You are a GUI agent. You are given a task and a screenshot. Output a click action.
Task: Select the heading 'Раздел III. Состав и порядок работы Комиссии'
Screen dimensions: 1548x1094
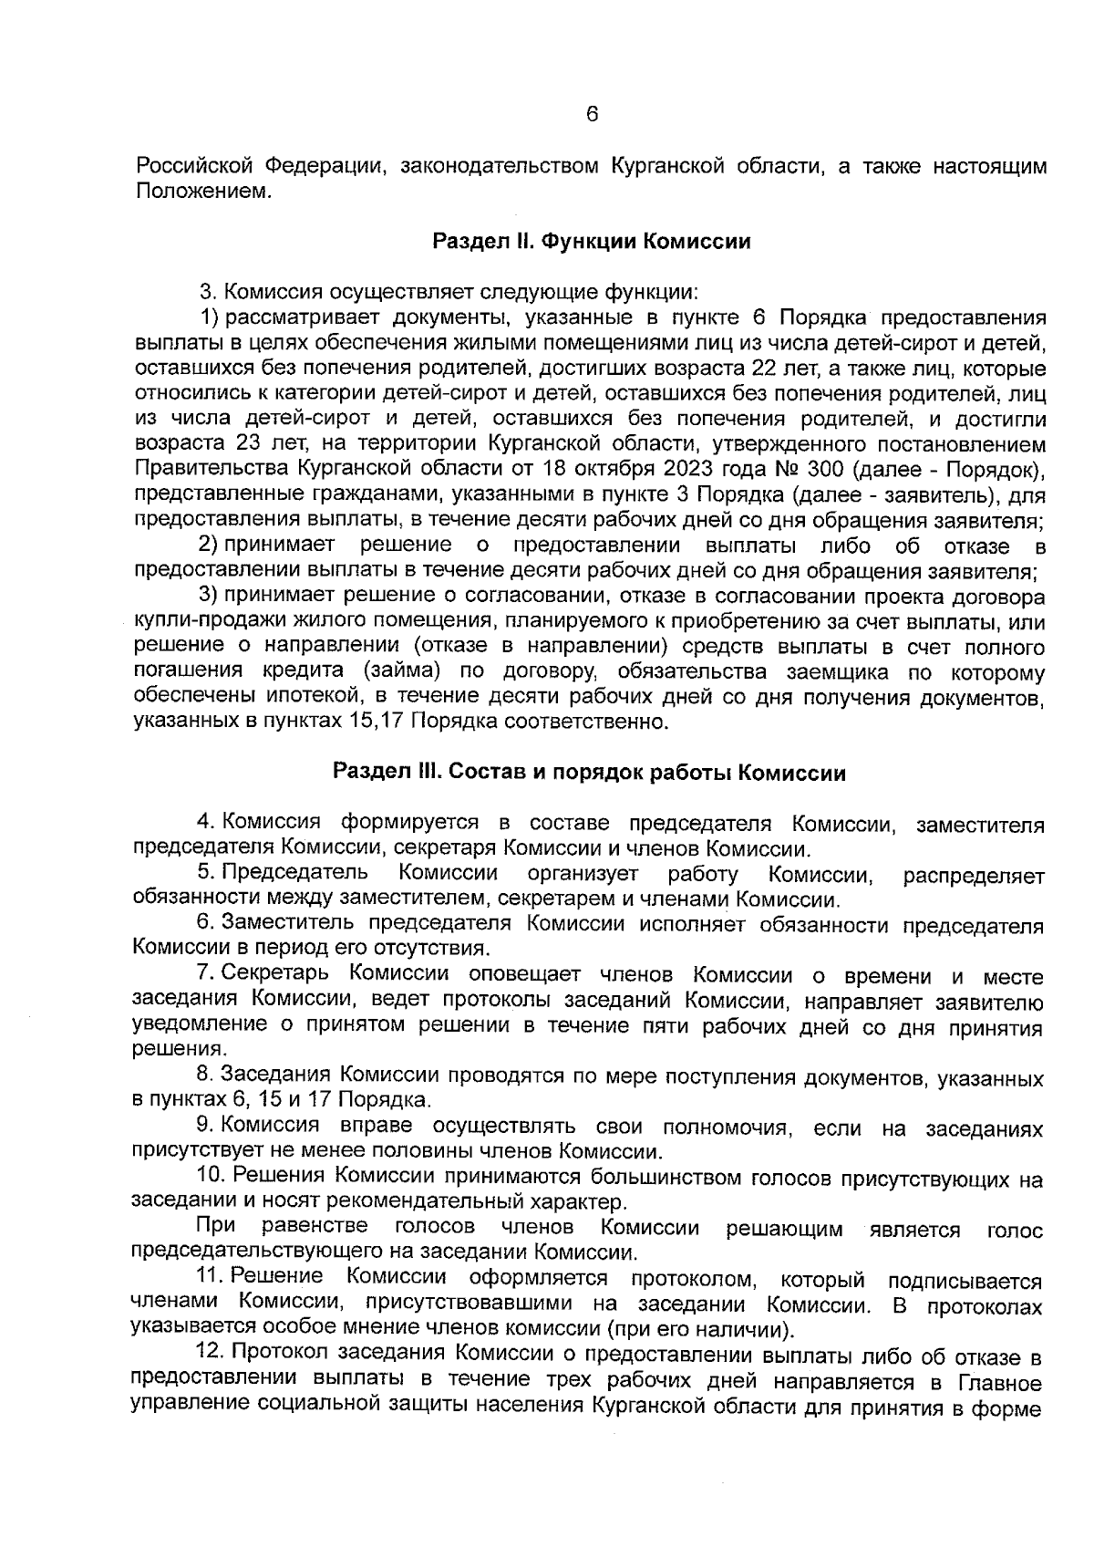(x=589, y=773)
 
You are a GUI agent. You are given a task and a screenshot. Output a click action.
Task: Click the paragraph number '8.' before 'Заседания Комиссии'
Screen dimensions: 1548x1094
(x=204, y=1076)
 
